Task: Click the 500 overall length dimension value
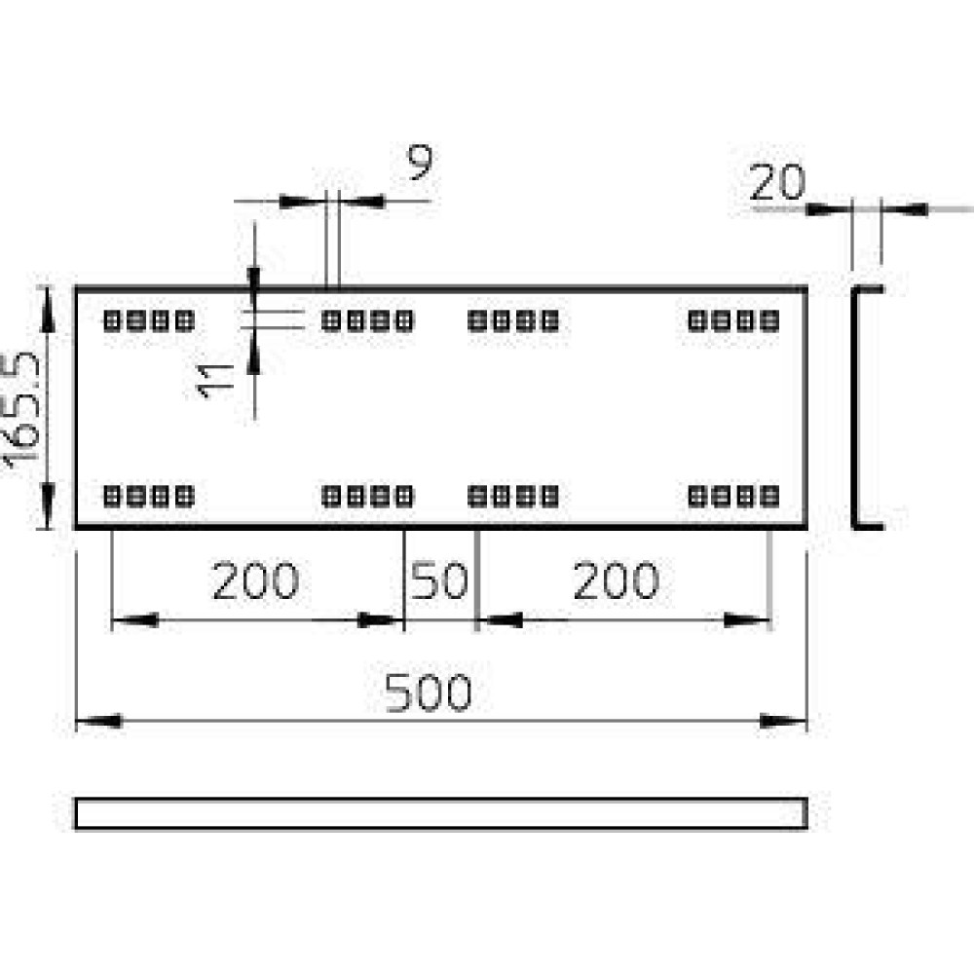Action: (428, 692)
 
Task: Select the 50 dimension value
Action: (439, 581)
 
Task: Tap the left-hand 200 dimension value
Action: (255, 581)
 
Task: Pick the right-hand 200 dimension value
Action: (616, 581)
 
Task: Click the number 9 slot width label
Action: (420, 162)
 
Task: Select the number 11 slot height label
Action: (215, 381)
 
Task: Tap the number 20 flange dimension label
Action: (777, 183)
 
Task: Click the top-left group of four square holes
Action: (149, 321)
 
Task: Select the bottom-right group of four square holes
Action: (733, 497)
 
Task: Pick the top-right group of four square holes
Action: (733, 321)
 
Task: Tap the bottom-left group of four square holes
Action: (149, 497)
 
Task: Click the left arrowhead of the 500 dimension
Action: (98, 721)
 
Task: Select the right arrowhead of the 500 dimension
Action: (783, 721)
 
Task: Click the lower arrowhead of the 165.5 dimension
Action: (47, 505)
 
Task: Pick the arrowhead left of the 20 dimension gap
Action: (829, 209)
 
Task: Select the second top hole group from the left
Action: (368, 321)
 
